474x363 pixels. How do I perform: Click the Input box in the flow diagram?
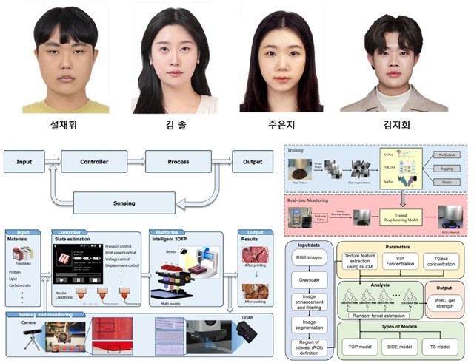pyautogui.click(x=24, y=160)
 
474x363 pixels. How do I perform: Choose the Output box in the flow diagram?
pyautogui.click(x=252, y=160)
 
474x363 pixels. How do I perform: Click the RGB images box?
pyautogui.click(x=311, y=259)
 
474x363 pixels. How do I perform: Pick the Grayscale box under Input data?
pyautogui.click(x=311, y=282)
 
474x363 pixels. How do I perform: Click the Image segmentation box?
pyautogui.click(x=311, y=327)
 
